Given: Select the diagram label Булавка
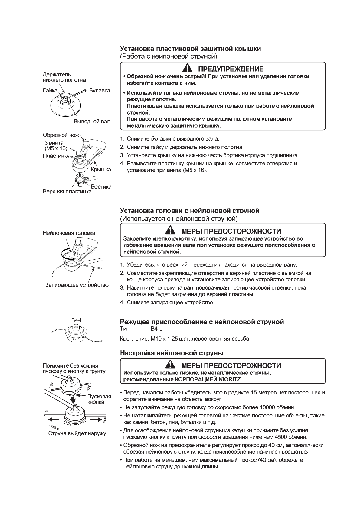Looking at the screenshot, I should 100,91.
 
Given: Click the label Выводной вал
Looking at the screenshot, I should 92,122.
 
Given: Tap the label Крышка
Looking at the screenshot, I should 101,170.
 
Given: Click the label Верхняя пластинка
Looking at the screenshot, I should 67,192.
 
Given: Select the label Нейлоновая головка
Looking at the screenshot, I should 69,233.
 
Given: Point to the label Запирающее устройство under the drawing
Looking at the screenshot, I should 77,285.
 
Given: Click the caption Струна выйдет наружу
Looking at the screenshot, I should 77,433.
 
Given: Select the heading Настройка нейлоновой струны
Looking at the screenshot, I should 172,353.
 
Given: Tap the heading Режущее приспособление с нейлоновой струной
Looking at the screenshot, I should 202,322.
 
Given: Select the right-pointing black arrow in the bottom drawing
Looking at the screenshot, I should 97,420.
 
